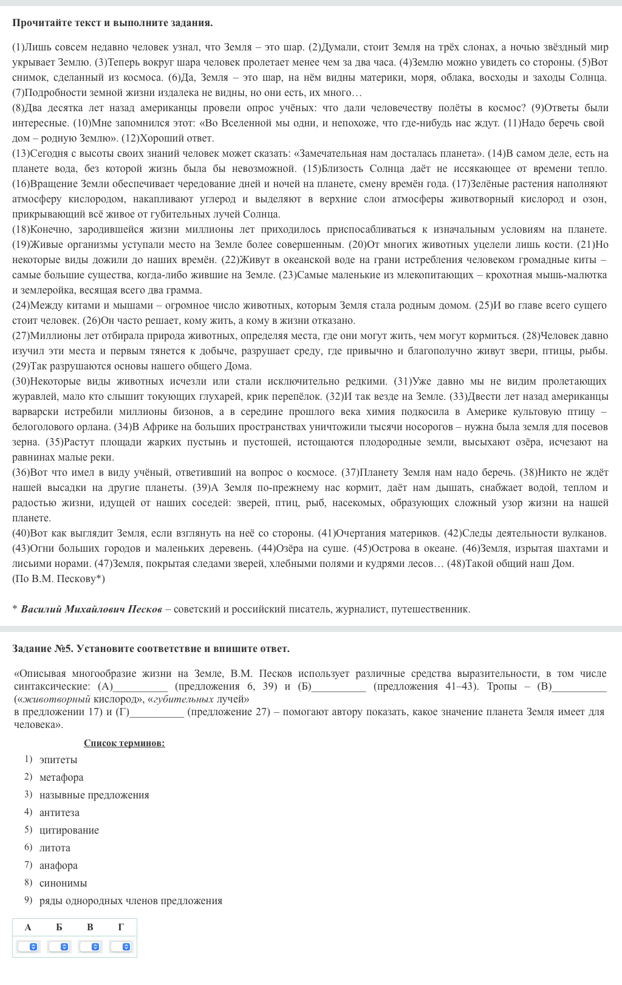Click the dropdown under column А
pyautogui.click(x=28, y=946)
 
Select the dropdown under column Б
pyautogui.click(x=59, y=946)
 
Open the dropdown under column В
pyautogui.click(x=90, y=946)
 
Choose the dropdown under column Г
pyautogui.click(x=121, y=946)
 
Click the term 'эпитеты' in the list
pyautogui.click(x=58, y=760)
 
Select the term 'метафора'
pyautogui.click(x=61, y=777)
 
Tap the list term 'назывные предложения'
pyautogui.click(x=94, y=795)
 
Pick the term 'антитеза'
pyautogui.click(x=60, y=812)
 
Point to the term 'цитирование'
pyautogui.click(x=69, y=830)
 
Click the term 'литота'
pyautogui.click(x=55, y=848)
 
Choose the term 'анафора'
pyautogui.click(x=58, y=865)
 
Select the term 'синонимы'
pyautogui.click(x=63, y=883)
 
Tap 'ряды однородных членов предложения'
pyautogui.click(x=131, y=901)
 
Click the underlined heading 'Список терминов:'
pyautogui.click(x=124, y=743)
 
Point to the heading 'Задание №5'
pyautogui.click(x=42, y=648)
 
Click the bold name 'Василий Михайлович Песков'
pyautogui.click(x=92, y=609)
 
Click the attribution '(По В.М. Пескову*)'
pyautogui.click(x=58, y=578)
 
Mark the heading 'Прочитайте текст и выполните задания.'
pyautogui.click(x=112, y=23)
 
